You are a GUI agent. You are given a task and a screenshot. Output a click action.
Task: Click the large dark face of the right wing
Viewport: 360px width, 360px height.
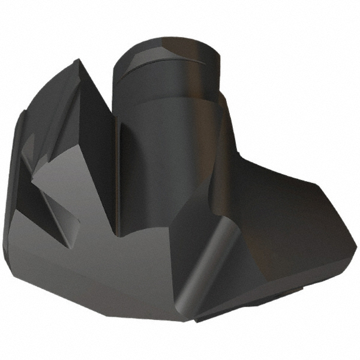pyautogui.click(x=282, y=222)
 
